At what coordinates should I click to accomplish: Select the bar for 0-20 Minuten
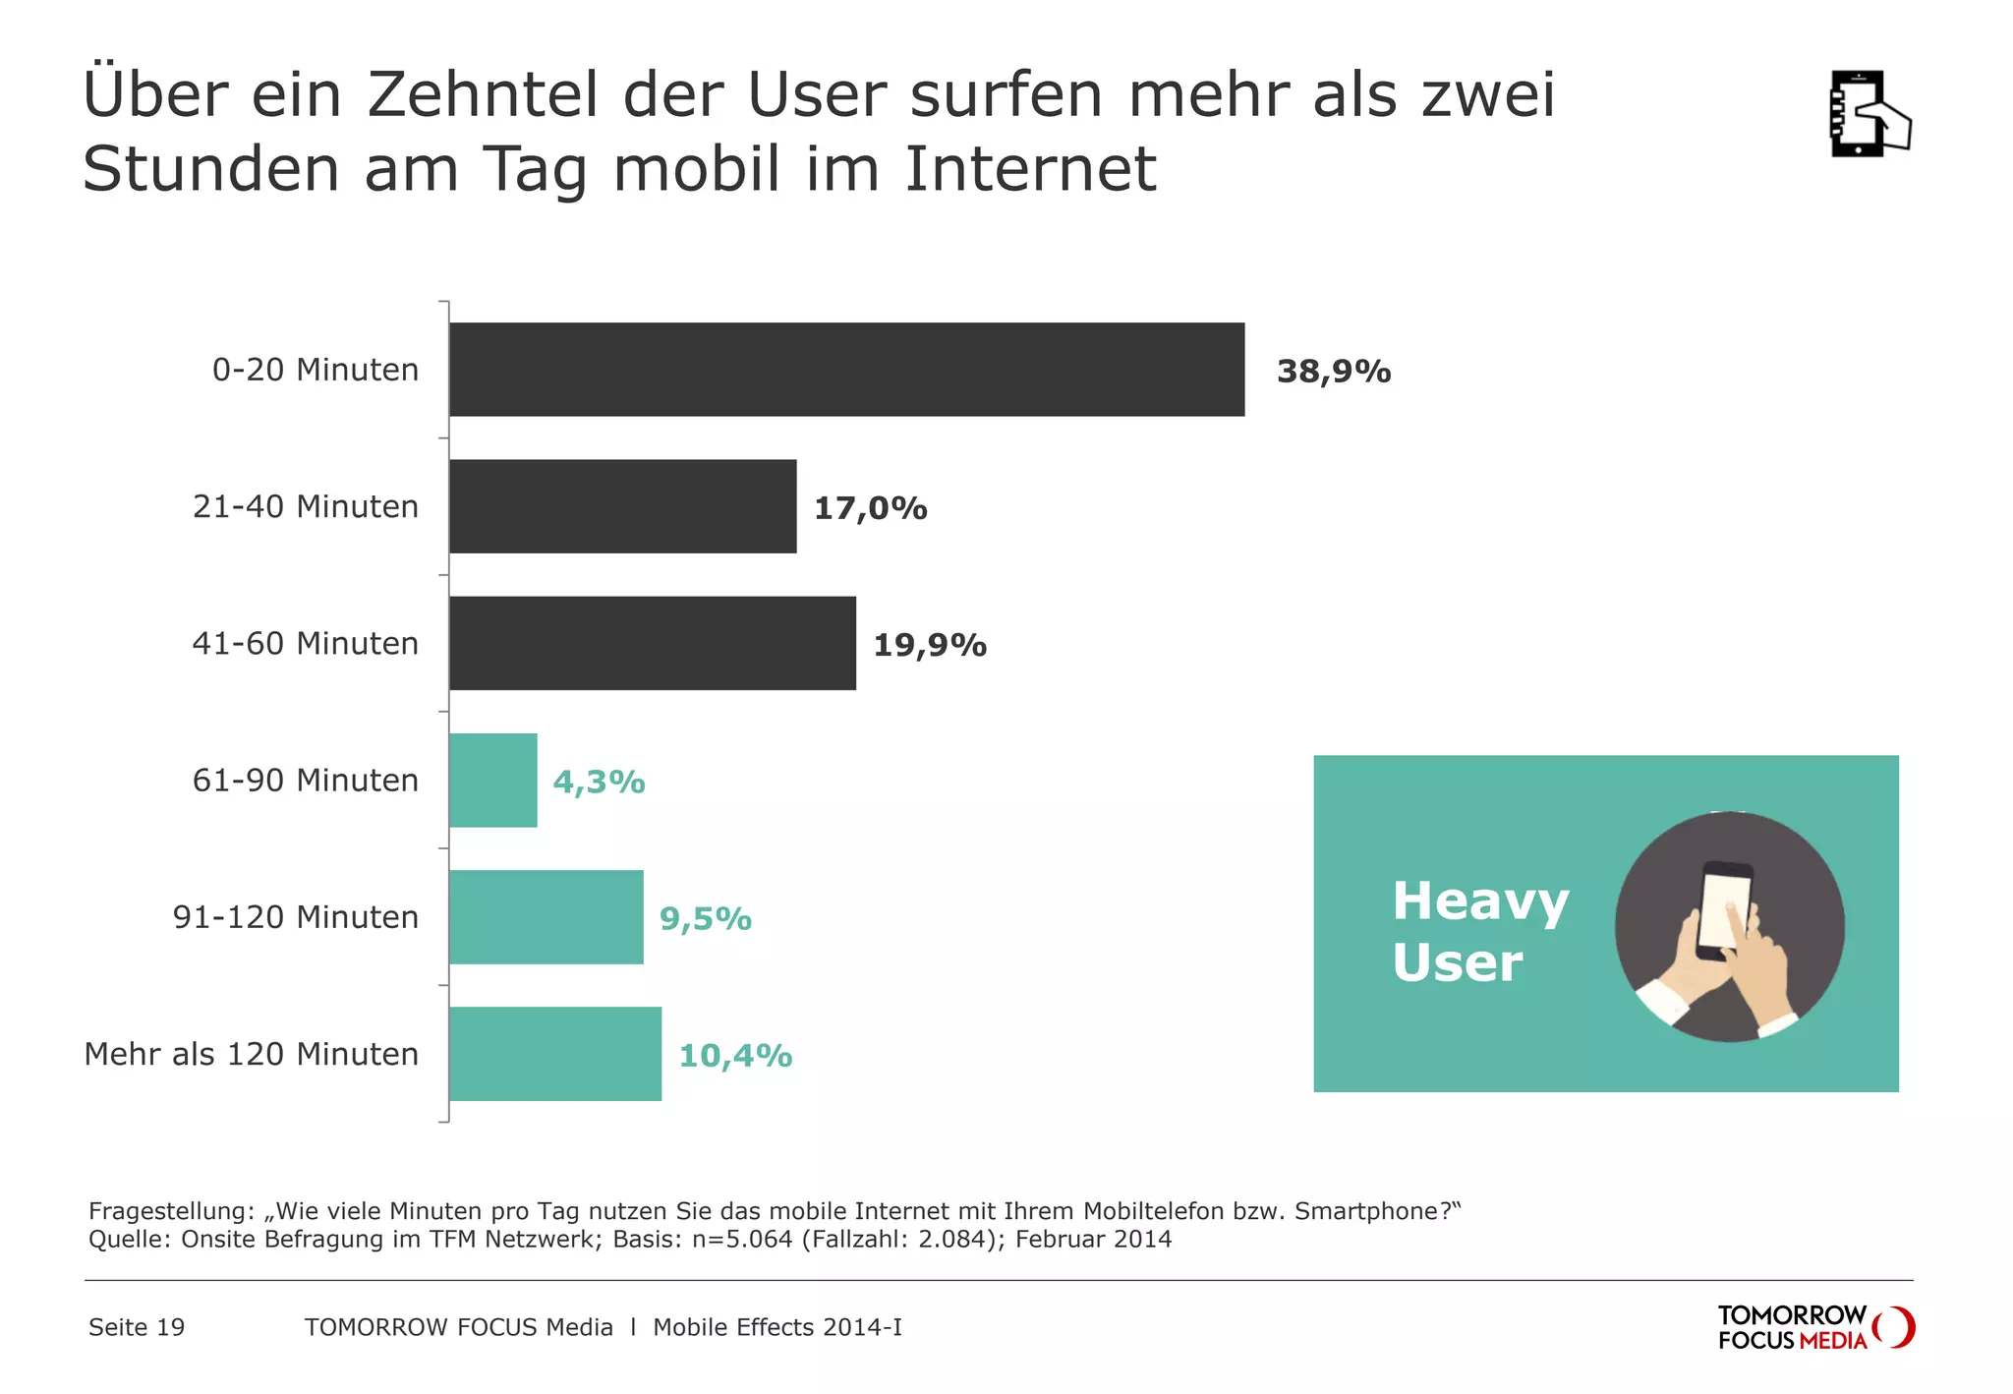(846, 370)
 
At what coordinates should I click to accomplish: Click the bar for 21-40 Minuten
(622, 506)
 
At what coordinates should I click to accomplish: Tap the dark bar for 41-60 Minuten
(652, 643)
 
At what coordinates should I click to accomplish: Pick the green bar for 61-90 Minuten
(492, 781)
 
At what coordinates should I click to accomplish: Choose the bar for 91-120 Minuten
(546, 917)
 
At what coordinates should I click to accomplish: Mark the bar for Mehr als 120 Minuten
(554, 1054)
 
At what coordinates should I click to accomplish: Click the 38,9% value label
(1333, 372)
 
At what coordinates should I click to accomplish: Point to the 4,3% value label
(599, 783)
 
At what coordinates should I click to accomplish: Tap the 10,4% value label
(735, 1056)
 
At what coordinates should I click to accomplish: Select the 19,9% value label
(929, 645)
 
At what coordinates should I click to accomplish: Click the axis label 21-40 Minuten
(306, 507)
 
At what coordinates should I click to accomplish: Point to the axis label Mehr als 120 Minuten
(252, 1054)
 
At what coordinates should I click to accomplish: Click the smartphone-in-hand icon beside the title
(1868, 114)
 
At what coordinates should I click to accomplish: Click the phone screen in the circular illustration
(1724, 908)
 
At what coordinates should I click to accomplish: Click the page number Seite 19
(137, 1328)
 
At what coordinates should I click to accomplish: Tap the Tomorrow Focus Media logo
(1814, 1328)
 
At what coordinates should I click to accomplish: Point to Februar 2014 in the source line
(1093, 1239)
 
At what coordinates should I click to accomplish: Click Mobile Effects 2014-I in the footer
(776, 1328)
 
